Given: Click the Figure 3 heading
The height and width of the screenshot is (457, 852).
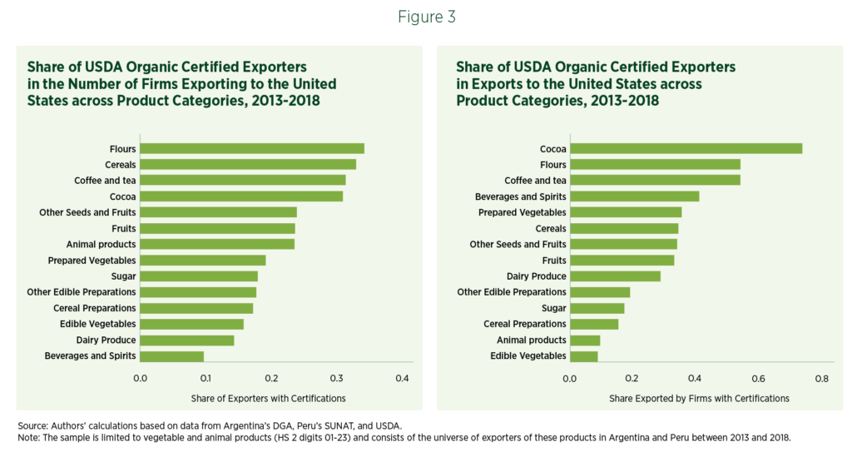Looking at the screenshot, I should point(425,16).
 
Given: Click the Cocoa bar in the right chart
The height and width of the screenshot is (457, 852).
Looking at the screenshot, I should point(686,149).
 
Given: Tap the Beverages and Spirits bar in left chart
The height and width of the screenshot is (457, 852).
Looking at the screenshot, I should point(172,356).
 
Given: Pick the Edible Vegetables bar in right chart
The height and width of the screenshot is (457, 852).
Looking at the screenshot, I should point(583,356).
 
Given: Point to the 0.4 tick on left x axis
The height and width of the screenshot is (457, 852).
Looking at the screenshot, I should point(403,379).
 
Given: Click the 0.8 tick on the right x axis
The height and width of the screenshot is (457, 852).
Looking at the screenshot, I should point(823,379).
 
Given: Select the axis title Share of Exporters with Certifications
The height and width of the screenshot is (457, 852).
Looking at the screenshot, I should point(268,398).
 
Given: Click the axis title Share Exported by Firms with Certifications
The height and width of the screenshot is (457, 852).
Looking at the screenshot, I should point(699,398).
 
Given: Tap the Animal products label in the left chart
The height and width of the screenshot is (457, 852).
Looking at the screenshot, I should point(101,245).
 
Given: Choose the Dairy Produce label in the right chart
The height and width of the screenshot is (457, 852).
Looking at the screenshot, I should point(536,276).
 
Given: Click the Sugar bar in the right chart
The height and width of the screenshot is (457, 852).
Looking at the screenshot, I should point(597,308).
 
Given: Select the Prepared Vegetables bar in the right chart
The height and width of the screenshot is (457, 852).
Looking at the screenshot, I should point(626,212).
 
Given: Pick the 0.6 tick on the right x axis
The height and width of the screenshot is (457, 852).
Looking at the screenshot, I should point(759,379).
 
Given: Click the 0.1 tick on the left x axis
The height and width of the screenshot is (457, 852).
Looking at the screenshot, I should point(206,379).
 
